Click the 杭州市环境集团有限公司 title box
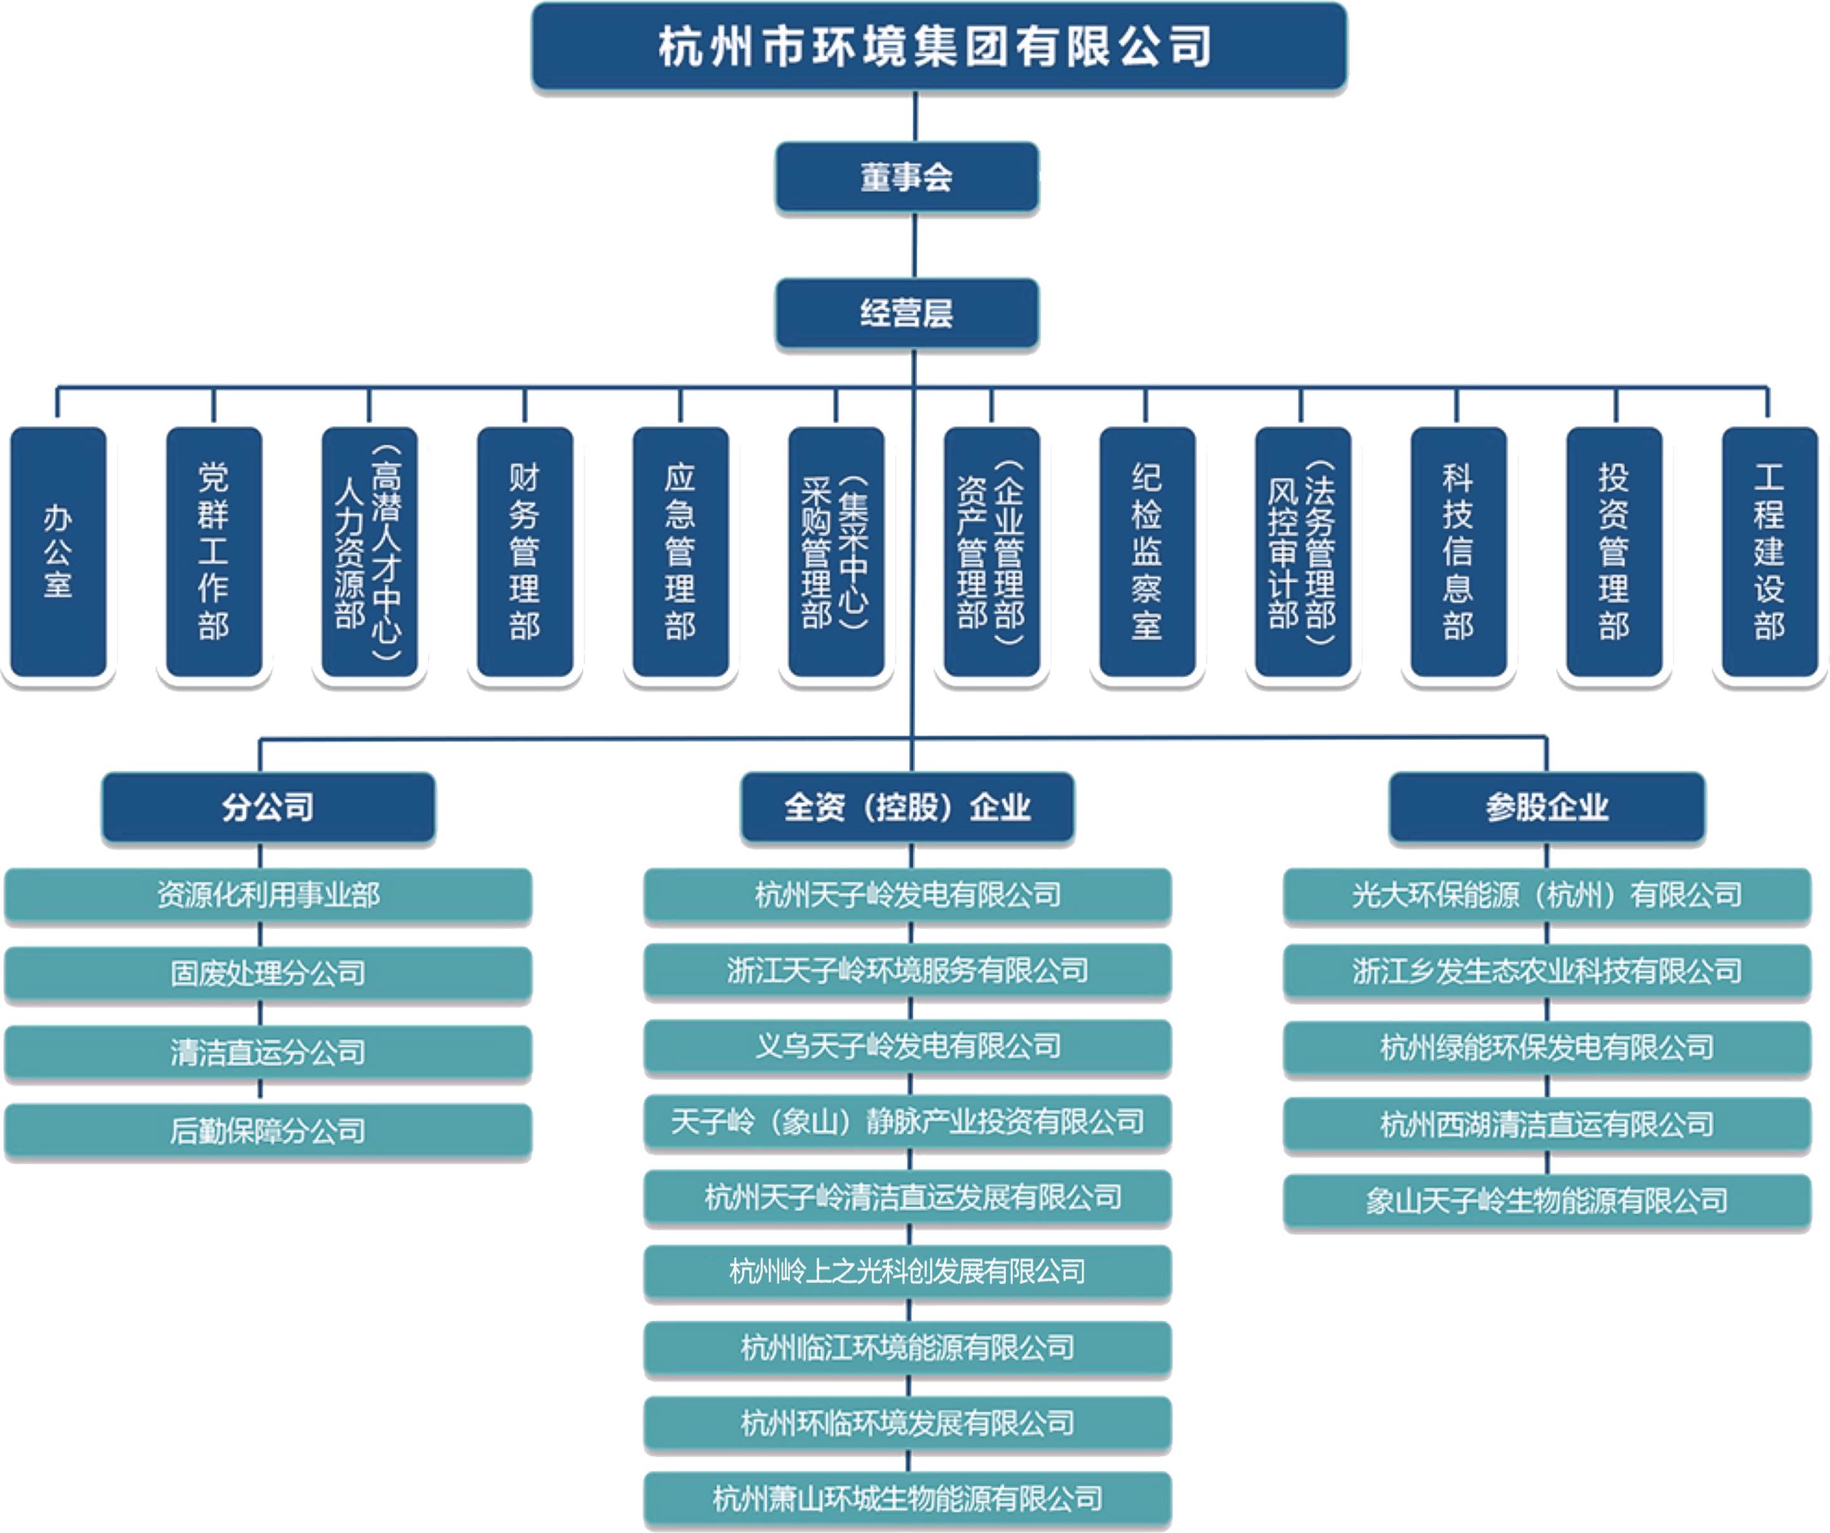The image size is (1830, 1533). [x=939, y=46]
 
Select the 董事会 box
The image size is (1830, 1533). [x=906, y=177]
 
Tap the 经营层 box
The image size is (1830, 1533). [x=906, y=313]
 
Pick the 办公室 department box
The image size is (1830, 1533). [x=58, y=551]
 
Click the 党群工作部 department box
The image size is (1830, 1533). [x=213, y=551]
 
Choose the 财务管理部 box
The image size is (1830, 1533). [x=525, y=551]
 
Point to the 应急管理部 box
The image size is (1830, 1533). [x=681, y=551]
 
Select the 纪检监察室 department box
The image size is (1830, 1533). [x=1147, y=551]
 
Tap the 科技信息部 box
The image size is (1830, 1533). [x=1458, y=551]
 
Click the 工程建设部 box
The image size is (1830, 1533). [x=1769, y=551]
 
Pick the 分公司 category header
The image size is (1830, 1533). [x=268, y=807]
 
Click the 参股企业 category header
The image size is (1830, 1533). [x=1547, y=807]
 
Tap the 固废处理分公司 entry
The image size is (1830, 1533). [x=268, y=972]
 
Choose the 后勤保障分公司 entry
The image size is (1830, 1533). [x=268, y=1130]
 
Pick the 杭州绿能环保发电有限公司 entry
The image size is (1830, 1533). [x=1547, y=1047]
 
